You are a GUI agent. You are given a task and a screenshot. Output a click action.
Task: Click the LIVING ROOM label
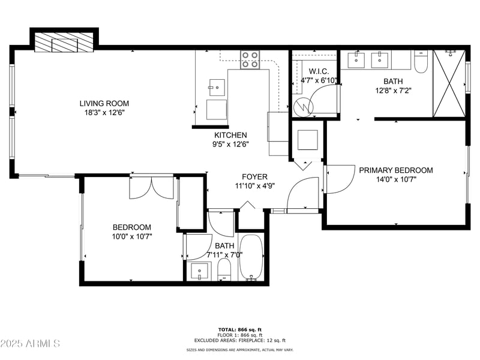[104, 103]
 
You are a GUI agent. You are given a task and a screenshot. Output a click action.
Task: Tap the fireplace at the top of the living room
[63, 44]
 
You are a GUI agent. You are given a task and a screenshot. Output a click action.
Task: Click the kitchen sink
[217, 88]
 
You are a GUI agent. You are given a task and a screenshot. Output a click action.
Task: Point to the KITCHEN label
[231, 135]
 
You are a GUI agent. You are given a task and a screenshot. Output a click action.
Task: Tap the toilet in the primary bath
[421, 62]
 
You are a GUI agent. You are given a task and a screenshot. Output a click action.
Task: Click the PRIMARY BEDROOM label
[395, 170]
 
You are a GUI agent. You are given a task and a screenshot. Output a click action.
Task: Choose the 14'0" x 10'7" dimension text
[395, 179]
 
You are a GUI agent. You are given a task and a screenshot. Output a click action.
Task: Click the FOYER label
[254, 176]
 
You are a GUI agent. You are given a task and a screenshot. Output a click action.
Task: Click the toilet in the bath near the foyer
[224, 269]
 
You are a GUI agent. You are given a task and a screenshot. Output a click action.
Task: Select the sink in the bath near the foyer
[199, 271]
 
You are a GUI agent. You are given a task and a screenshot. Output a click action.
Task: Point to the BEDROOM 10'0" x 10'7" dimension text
[132, 236]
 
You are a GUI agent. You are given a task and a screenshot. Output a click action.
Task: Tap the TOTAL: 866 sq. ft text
[239, 329]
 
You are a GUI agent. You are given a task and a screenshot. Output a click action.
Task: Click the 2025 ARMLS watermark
[30, 344]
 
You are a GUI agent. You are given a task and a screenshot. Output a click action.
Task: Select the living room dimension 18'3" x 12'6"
[104, 112]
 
